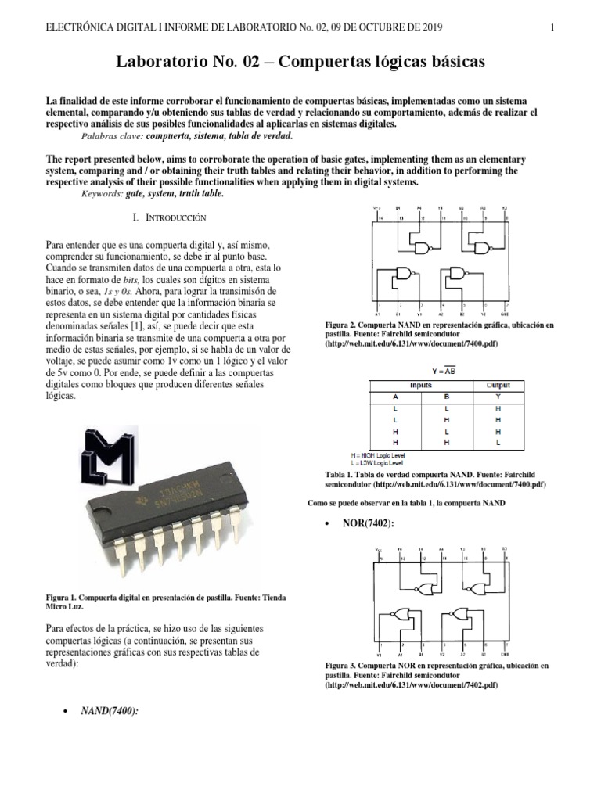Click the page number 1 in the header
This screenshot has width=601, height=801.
(552, 27)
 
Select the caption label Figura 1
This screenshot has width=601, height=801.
(69, 598)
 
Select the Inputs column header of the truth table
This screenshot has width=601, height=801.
(421, 386)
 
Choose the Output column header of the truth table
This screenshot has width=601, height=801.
(498, 386)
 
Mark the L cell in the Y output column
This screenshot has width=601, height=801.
(498, 442)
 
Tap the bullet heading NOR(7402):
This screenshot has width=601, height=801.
(369, 522)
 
